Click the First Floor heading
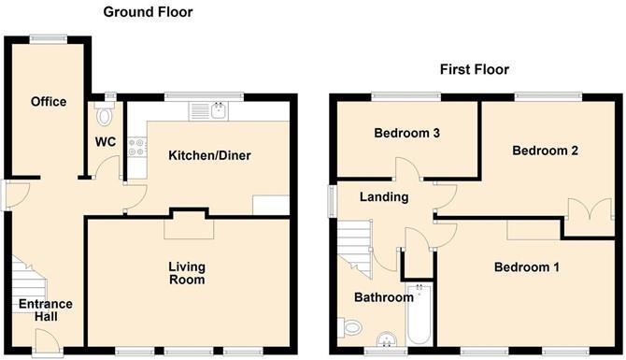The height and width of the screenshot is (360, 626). (476, 70)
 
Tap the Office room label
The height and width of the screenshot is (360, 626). (48, 101)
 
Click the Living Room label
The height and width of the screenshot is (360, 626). (186, 272)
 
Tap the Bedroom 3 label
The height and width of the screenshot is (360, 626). (406, 133)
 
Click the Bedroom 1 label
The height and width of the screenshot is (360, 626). (526, 267)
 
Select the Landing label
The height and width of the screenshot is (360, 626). (384, 197)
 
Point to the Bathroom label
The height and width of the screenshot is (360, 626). (383, 297)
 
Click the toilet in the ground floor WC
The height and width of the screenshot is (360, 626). (105, 115)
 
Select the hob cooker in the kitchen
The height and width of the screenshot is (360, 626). (136, 146)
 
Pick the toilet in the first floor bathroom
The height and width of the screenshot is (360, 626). (352, 328)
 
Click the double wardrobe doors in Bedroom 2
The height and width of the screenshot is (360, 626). (584, 210)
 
